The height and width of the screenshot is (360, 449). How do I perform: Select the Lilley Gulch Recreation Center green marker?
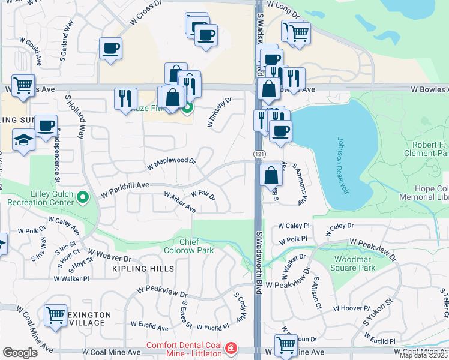[x=83, y=196]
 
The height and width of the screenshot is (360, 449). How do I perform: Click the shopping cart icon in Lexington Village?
[x=55, y=314]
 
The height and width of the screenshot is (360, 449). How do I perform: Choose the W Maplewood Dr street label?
[x=171, y=162]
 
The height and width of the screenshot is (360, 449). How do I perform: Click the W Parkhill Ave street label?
[x=125, y=190]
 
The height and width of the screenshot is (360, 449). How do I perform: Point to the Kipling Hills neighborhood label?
[x=143, y=269]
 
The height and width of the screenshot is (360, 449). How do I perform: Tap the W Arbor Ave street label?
[x=179, y=202]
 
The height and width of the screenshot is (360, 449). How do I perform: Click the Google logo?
[x=19, y=353]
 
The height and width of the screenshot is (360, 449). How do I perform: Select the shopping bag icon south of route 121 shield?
[x=271, y=176]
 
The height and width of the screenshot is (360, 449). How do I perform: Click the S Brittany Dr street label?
[x=219, y=112]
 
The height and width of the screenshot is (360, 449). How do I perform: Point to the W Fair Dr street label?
[x=203, y=194]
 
